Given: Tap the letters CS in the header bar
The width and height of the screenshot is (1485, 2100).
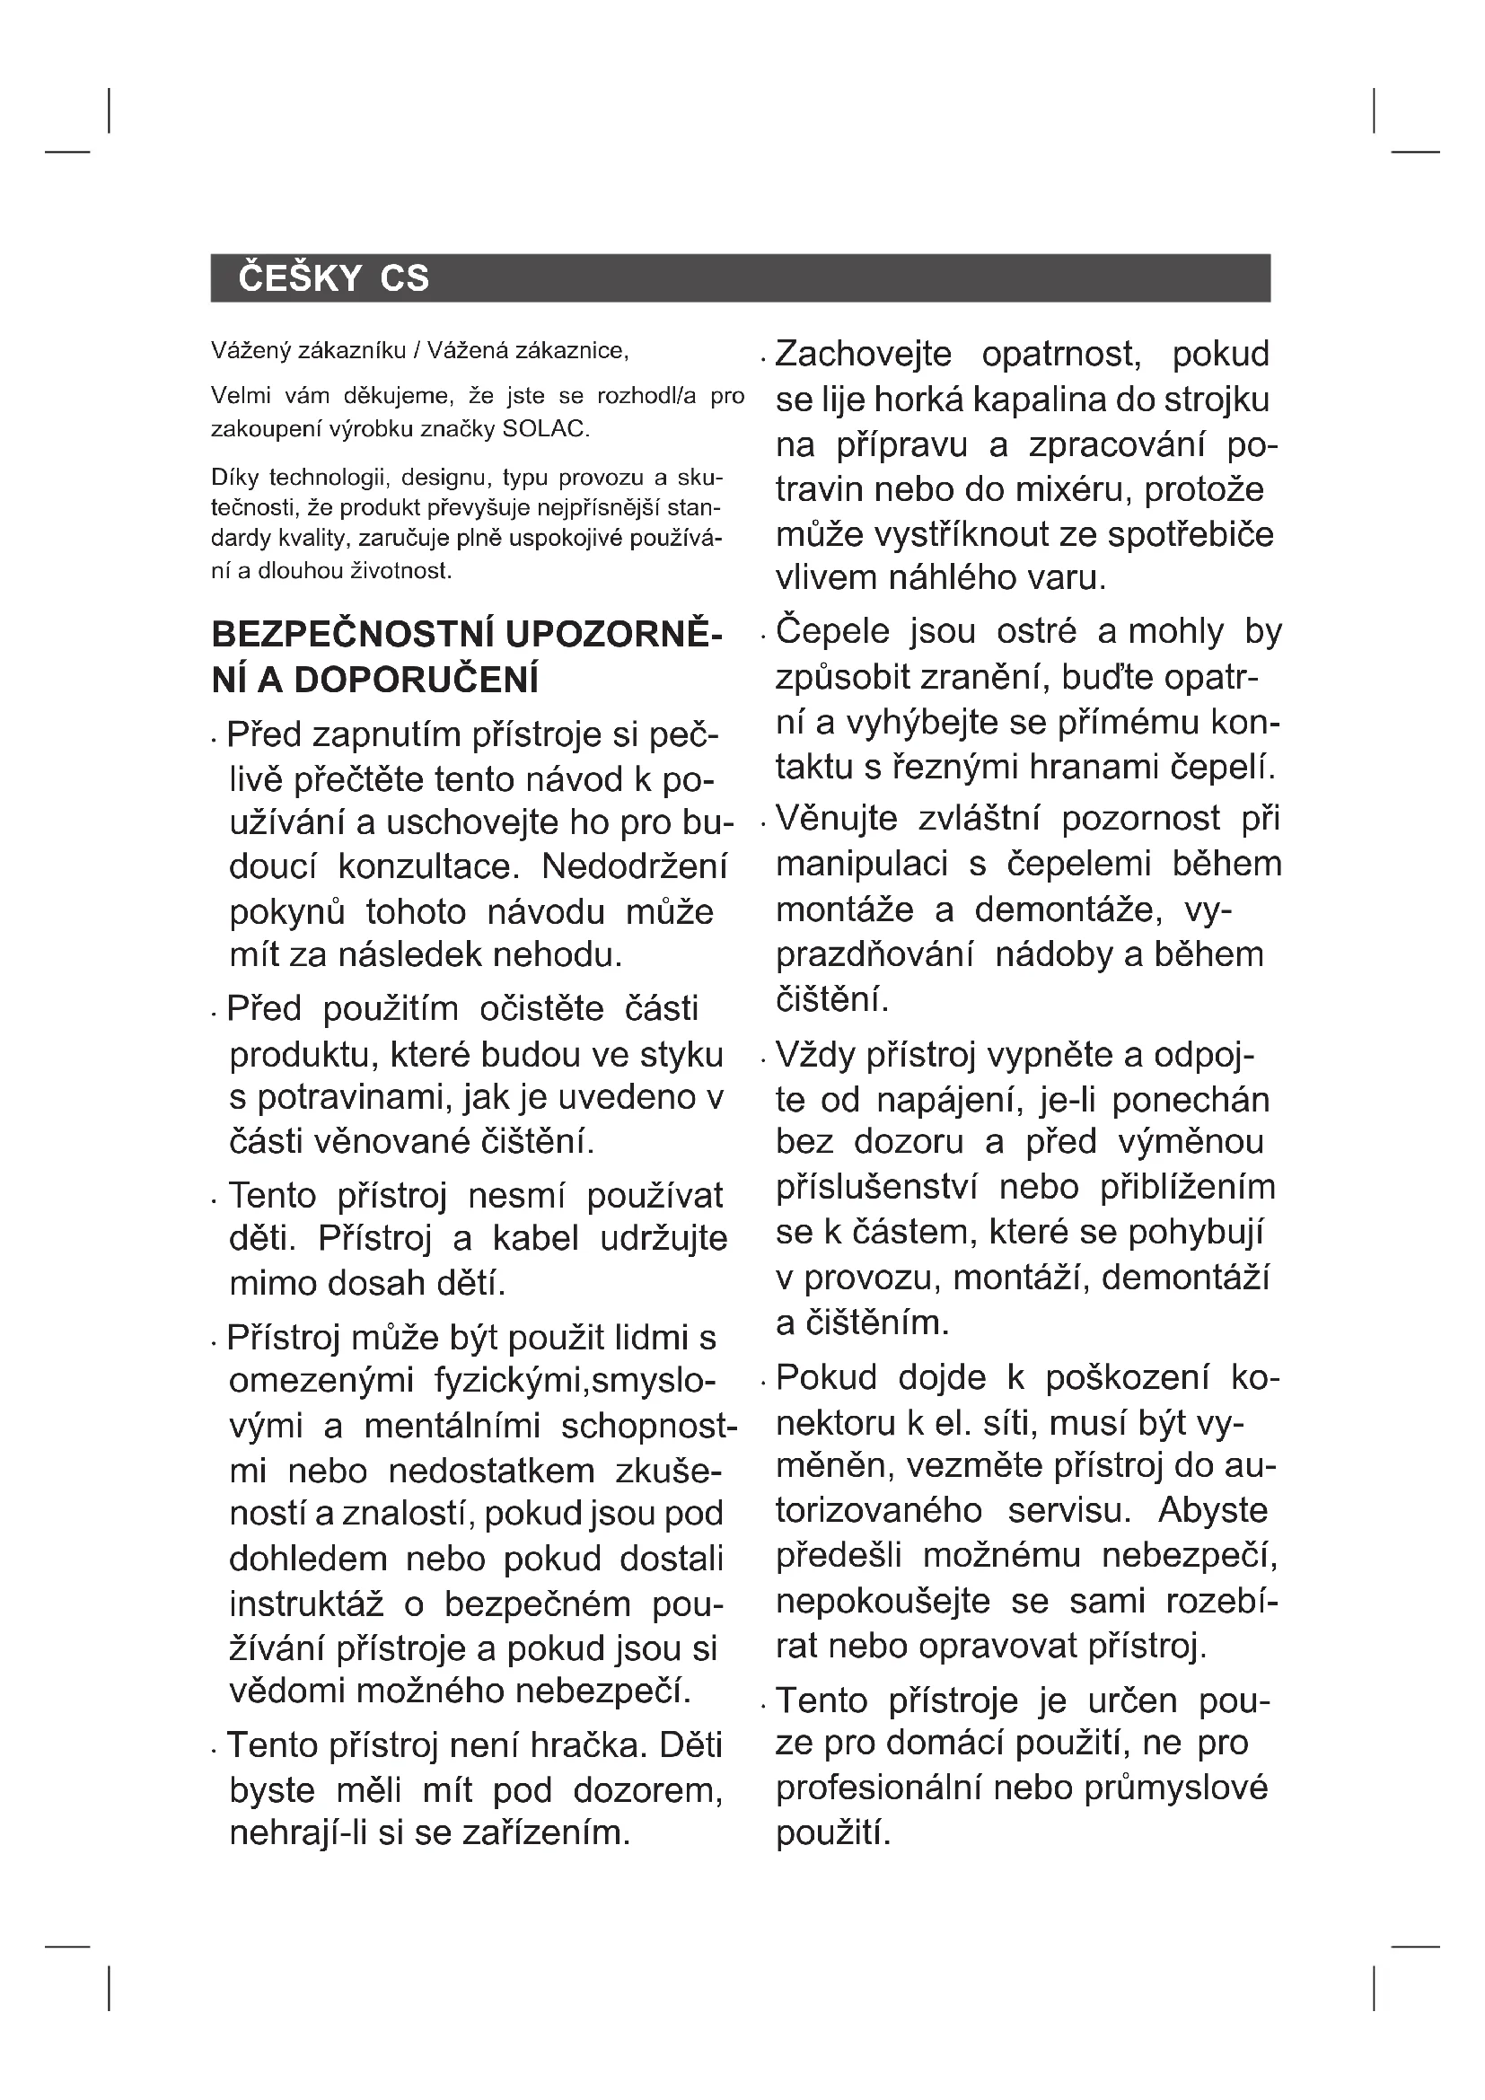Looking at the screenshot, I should click(404, 278).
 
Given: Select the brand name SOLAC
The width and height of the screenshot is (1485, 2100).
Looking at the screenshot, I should click(545, 429).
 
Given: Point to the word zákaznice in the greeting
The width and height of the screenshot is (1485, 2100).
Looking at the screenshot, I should click(571, 350).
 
